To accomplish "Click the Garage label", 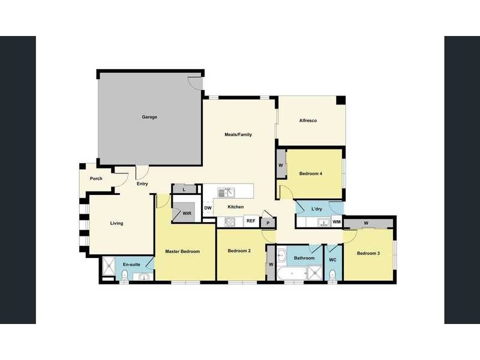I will pyautogui.click(x=149, y=117).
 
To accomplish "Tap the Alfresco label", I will pyautogui.click(x=308, y=121).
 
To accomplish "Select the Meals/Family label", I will pyautogui.click(x=238, y=134).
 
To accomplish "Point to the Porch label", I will pyautogui.click(x=96, y=178).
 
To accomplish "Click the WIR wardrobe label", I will pyautogui.click(x=187, y=213).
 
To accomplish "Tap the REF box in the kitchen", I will pyautogui.click(x=251, y=221).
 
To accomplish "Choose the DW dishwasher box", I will pyautogui.click(x=208, y=208).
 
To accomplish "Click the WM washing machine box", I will pyautogui.click(x=337, y=222).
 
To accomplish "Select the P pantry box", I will pyautogui.click(x=268, y=222).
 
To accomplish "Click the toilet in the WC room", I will pyautogui.click(x=332, y=274).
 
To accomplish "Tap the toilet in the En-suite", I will pyautogui.click(x=124, y=275).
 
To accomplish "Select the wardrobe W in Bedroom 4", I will pyautogui.click(x=281, y=166).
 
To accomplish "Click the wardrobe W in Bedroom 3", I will pyautogui.click(x=365, y=224).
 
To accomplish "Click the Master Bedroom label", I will pyautogui.click(x=182, y=251).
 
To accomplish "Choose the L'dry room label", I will pyautogui.click(x=317, y=209).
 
